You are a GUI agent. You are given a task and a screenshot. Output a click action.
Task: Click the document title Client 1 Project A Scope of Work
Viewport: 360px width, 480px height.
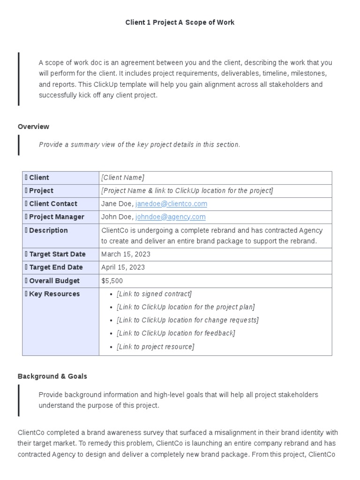[x=180, y=22]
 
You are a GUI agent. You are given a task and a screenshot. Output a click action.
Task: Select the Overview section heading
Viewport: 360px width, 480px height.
[x=33, y=127]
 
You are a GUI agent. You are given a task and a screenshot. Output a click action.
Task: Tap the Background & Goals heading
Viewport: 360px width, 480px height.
[x=52, y=376]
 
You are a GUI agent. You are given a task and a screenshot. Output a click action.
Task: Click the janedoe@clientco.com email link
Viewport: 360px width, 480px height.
[x=171, y=204]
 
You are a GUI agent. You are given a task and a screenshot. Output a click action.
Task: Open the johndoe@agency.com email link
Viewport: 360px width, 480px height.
[x=170, y=217]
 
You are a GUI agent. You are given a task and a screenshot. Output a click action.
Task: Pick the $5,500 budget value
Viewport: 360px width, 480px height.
[x=112, y=281]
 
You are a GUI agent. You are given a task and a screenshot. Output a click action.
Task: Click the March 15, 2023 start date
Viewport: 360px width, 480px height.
[x=126, y=254]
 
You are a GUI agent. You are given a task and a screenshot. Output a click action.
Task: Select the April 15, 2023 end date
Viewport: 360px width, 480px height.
[x=123, y=267]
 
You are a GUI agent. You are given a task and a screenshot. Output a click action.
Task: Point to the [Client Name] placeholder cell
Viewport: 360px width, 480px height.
[x=123, y=178]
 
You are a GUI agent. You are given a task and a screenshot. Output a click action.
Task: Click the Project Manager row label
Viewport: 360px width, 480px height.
[x=56, y=217]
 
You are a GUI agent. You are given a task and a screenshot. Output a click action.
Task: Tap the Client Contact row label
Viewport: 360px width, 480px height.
[x=53, y=204]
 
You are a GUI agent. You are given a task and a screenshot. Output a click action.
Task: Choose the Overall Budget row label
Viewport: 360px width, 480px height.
[x=54, y=281]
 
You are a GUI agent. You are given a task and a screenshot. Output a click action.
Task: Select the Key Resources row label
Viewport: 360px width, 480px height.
[x=54, y=294]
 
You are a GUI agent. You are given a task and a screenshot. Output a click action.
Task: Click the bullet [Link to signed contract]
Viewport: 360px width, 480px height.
[x=154, y=294]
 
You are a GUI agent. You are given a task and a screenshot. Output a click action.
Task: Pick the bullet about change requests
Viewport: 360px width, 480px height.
[x=187, y=320]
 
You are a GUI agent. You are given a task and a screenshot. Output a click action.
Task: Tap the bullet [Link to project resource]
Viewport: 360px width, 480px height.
[x=155, y=347]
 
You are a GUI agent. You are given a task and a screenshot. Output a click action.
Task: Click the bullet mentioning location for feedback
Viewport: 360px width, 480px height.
[x=176, y=333]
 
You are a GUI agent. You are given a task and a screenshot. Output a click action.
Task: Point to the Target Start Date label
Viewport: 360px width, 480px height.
[x=57, y=254]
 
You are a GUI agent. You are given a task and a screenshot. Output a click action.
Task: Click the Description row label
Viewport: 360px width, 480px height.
[x=48, y=231]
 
